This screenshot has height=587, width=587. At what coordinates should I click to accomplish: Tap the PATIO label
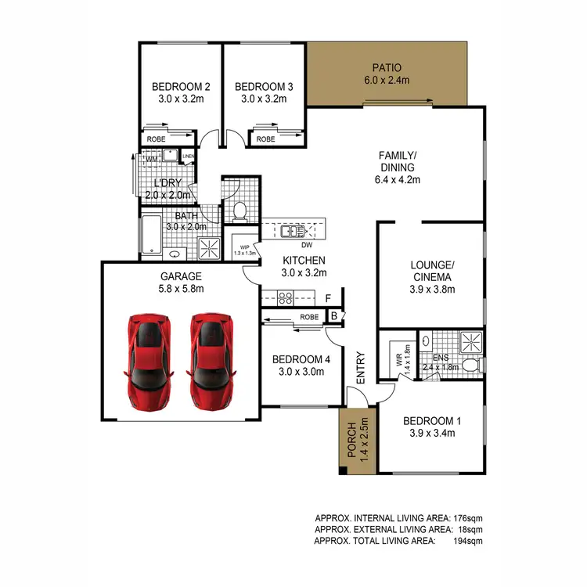tap(387, 67)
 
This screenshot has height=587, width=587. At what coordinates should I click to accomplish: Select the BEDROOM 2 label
tap(181, 86)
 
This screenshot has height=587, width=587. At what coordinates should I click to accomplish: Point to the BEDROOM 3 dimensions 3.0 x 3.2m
tap(264, 99)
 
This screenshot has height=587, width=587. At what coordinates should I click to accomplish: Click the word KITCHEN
tap(304, 260)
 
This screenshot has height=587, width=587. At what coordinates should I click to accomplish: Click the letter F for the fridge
tap(328, 298)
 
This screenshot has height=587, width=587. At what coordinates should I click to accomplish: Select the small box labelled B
tap(334, 316)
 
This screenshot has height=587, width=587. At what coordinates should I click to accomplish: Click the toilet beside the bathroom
tap(240, 210)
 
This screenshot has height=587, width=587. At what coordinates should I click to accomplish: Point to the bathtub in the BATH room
tap(151, 234)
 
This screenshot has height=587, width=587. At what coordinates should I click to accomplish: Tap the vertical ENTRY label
tap(361, 367)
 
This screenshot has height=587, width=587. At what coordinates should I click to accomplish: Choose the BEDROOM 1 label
tap(432, 422)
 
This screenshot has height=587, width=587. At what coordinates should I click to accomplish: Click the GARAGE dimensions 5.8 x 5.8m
tap(181, 289)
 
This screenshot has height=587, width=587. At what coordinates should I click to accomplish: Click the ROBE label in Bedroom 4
tap(309, 317)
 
